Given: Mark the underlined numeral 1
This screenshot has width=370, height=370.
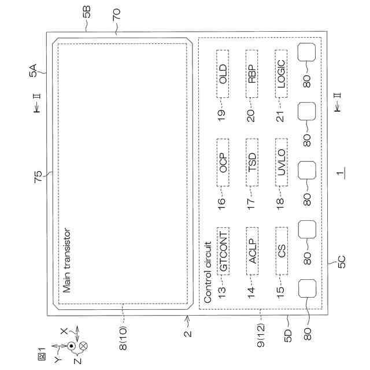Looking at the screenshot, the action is pyautogui.click(x=341, y=172).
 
